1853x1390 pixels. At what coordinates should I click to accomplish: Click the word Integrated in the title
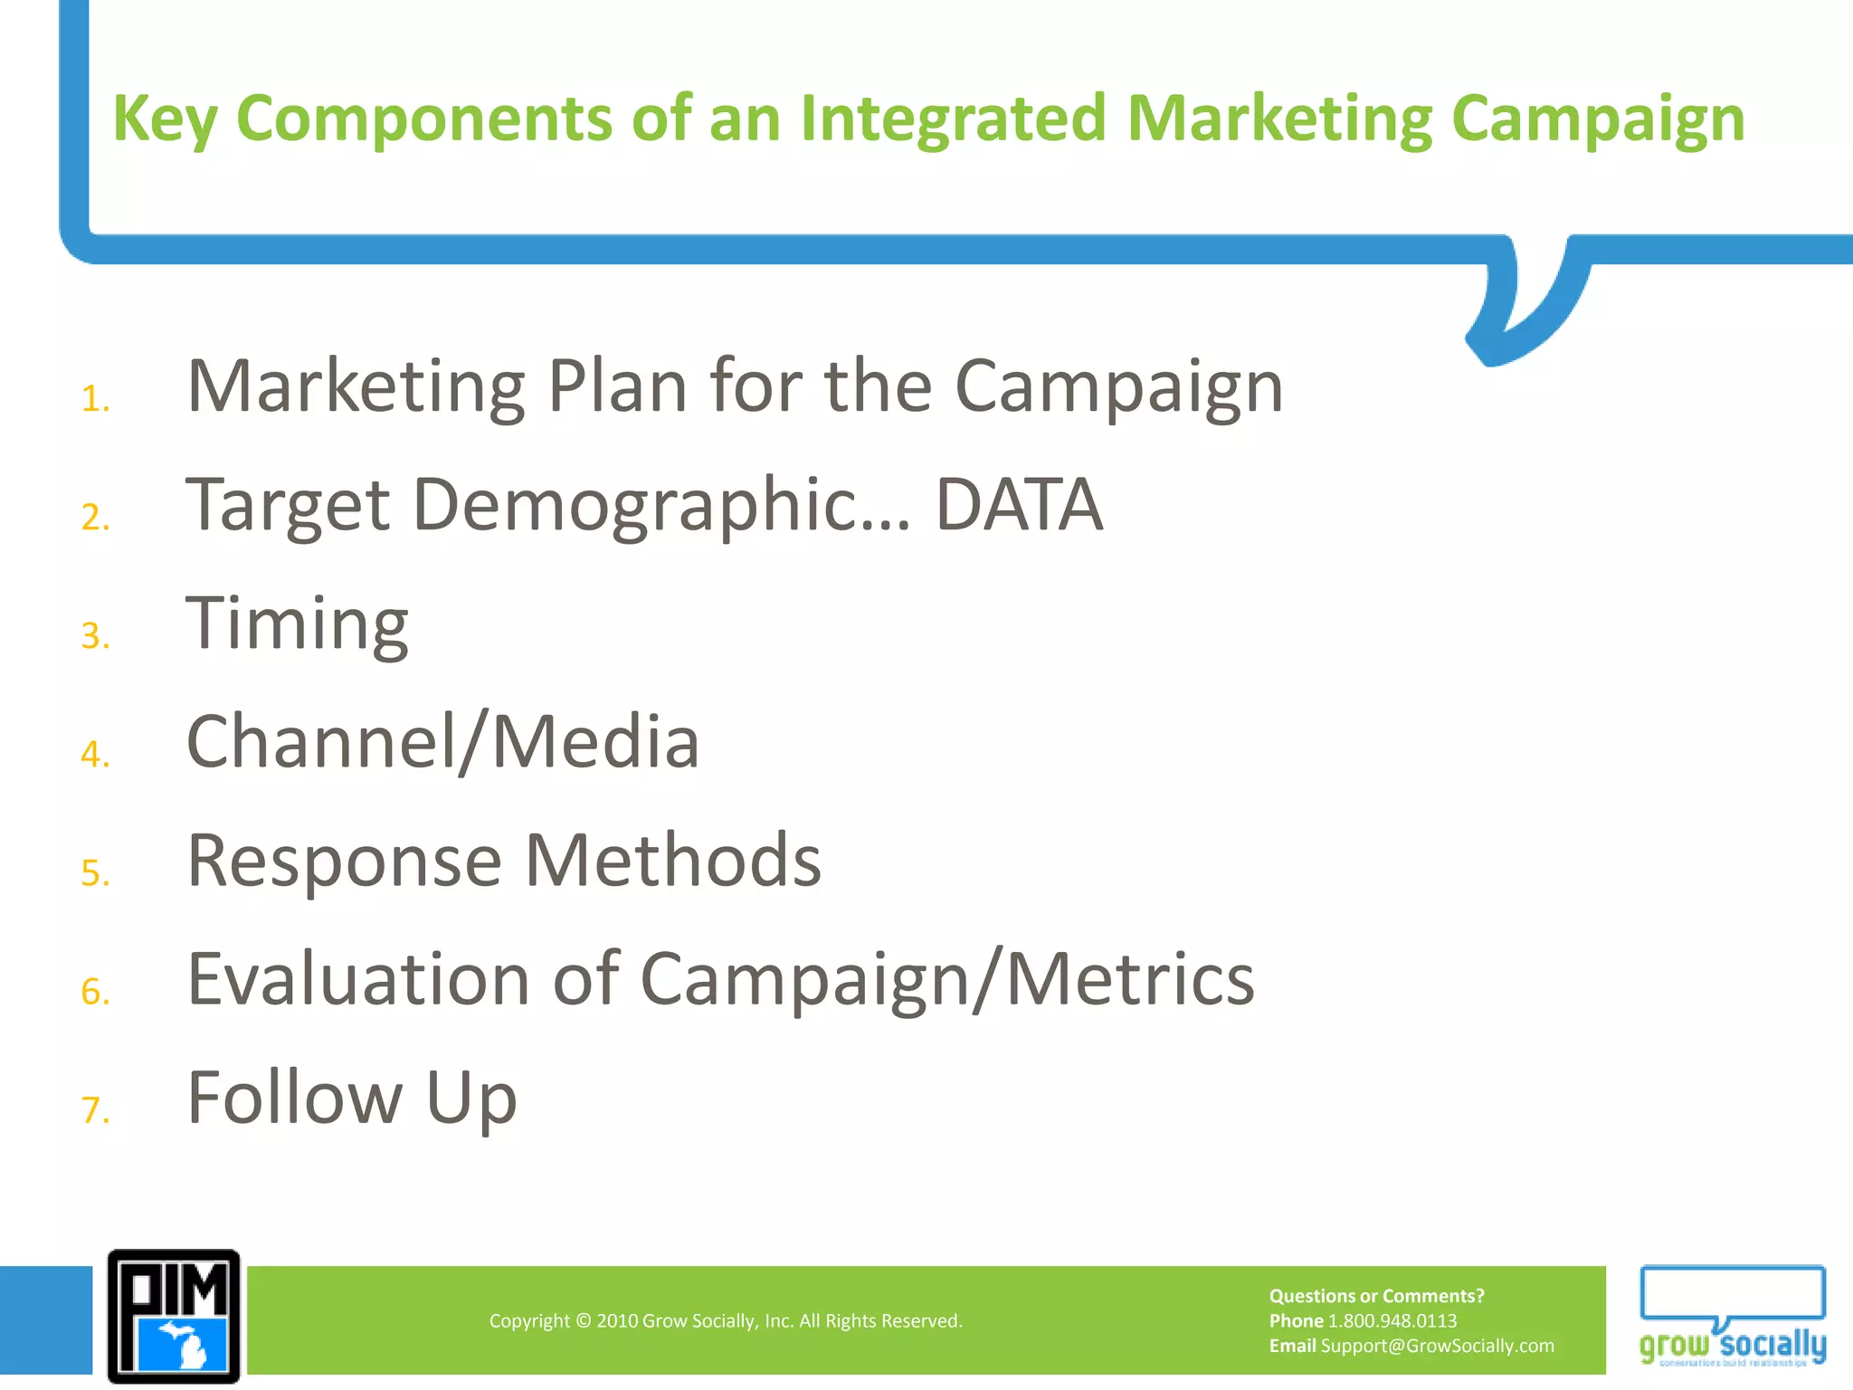click(953, 119)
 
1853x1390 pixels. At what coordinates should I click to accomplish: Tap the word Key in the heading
click(164, 119)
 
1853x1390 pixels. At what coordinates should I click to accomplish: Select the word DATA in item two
click(1019, 505)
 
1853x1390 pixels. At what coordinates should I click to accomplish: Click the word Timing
click(297, 624)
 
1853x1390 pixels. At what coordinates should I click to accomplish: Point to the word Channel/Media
click(442, 742)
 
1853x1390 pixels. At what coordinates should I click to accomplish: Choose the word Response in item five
click(344, 861)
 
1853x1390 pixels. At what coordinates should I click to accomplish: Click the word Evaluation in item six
click(358, 979)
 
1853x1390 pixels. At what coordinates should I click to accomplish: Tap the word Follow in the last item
click(294, 1098)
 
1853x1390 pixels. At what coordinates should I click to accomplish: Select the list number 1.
click(94, 399)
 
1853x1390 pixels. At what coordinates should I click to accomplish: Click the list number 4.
click(94, 755)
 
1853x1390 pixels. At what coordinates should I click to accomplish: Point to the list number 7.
click(94, 1110)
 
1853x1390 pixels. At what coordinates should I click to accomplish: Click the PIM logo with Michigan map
click(174, 1317)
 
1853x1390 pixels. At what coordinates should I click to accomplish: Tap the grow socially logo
click(1732, 1317)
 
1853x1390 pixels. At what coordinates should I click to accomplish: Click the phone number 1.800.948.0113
click(1392, 1321)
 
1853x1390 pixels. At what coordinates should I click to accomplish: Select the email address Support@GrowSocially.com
click(1437, 1346)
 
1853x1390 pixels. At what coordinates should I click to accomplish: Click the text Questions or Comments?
click(1376, 1296)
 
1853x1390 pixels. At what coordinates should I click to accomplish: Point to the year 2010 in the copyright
click(617, 1321)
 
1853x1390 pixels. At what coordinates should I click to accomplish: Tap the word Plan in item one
click(617, 386)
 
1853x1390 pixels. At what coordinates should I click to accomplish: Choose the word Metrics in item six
click(1130, 979)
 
